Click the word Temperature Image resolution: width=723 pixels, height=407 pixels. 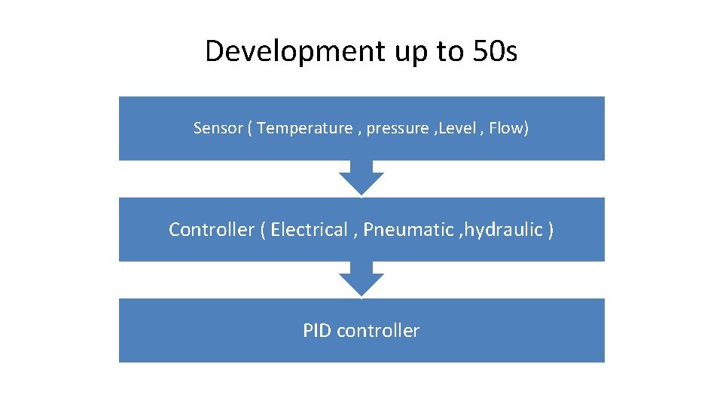pyautogui.click(x=304, y=128)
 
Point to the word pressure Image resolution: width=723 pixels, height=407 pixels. pyautogui.click(x=397, y=129)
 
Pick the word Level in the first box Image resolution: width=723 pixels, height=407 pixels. pyautogui.click(x=456, y=128)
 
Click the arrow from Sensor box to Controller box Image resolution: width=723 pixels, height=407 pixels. pyautogui.click(x=361, y=178)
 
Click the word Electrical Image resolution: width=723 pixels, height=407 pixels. pyautogui.click(x=307, y=229)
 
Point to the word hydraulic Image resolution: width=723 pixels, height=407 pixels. pyautogui.click(x=502, y=229)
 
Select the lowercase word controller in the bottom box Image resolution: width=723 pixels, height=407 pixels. pyautogui.click(x=378, y=330)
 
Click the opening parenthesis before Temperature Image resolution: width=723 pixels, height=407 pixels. pyautogui.click(x=249, y=128)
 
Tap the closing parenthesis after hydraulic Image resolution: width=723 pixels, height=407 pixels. pyautogui.click(x=551, y=229)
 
